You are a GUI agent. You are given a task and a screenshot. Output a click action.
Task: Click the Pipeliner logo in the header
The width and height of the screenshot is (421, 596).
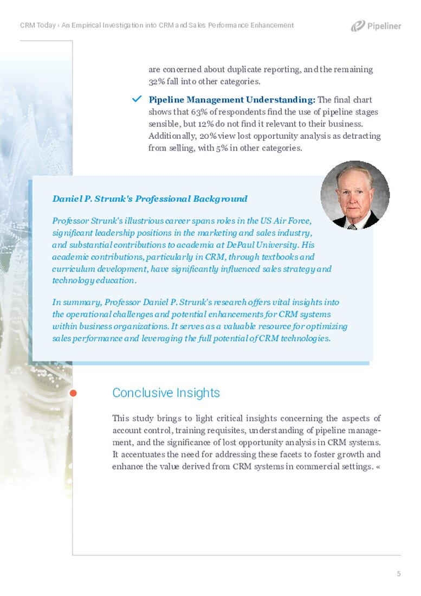pyautogui.click(x=376, y=26)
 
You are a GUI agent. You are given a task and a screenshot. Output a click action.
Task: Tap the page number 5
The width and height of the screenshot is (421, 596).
pyautogui.click(x=399, y=574)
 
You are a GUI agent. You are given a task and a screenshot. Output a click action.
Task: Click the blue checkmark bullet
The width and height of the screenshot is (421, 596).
pyautogui.click(x=137, y=99)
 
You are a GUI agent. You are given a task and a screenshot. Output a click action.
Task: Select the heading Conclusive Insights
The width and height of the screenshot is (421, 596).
pyautogui.click(x=166, y=393)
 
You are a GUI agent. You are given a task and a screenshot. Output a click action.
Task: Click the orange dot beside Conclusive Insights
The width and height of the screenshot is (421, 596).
pyautogui.click(x=73, y=393)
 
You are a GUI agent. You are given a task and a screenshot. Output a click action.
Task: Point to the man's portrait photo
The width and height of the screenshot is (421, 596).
pyautogui.click(x=355, y=195)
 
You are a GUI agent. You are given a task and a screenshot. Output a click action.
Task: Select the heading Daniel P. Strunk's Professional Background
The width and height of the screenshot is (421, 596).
pyautogui.click(x=150, y=198)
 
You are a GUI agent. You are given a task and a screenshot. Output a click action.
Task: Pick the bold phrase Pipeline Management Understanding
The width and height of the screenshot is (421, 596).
pyautogui.click(x=231, y=100)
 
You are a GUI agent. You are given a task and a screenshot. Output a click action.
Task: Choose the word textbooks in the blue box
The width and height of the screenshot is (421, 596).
pyautogui.click(x=280, y=257)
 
